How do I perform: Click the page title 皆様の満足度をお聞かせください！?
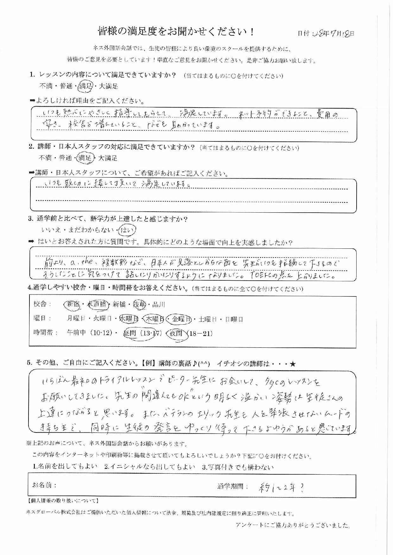(x=176, y=32)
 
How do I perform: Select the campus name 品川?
(x=159, y=304)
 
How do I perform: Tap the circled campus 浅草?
(x=139, y=304)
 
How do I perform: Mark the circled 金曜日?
(x=180, y=319)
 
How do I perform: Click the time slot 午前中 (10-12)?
(x=90, y=333)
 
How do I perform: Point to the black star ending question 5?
(x=292, y=364)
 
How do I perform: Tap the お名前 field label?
(x=45, y=485)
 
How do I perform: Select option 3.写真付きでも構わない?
(x=238, y=467)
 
